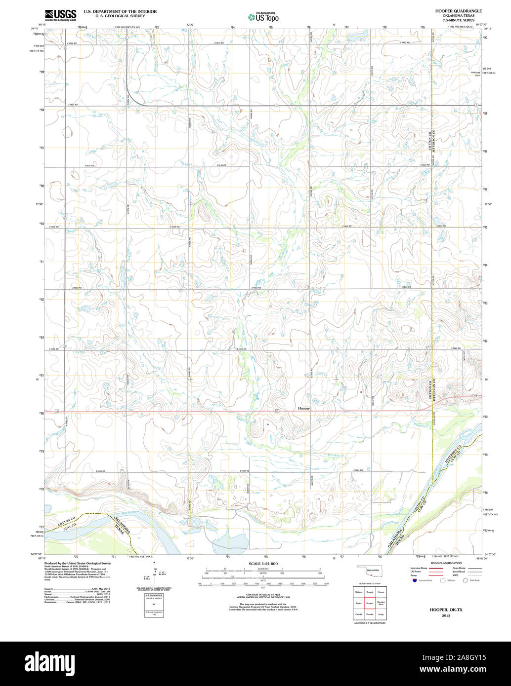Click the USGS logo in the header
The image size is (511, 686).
pyautogui.click(x=60, y=15)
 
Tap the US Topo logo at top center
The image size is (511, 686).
pyautogui.click(x=263, y=17)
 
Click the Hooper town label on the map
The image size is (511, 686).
pyautogui.click(x=303, y=408)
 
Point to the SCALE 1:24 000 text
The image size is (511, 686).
pyautogui.click(x=263, y=563)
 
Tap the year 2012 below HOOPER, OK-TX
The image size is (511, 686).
pyautogui.click(x=446, y=615)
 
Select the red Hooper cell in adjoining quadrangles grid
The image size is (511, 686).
pyautogui.click(x=369, y=603)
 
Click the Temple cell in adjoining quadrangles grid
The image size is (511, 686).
pyautogui.click(x=369, y=591)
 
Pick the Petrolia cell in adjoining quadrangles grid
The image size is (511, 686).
pyautogui.click(x=369, y=614)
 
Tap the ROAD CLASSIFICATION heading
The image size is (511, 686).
pyautogui.click(x=445, y=563)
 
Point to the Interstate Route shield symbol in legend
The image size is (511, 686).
pyautogui.click(x=414, y=580)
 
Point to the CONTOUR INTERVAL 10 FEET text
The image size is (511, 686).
pyautogui.click(x=263, y=595)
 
